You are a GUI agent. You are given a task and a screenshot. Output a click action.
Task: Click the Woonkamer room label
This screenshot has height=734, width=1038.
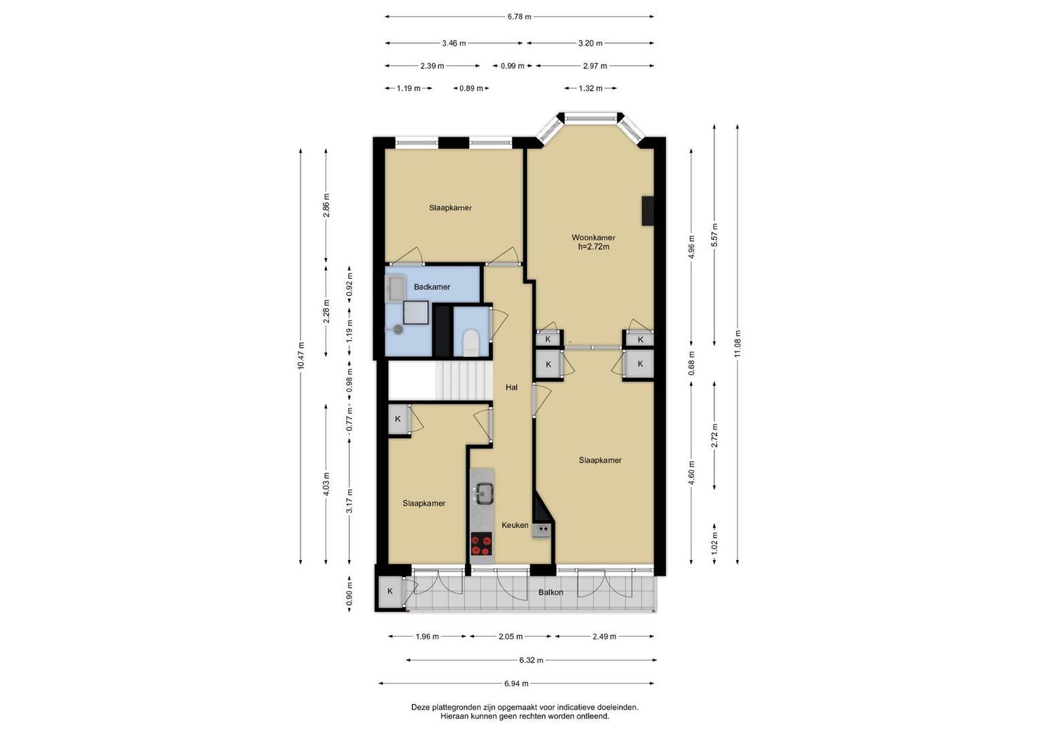pyautogui.click(x=593, y=238)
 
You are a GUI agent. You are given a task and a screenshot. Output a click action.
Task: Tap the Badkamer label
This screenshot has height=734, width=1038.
pyautogui.click(x=432, y=287)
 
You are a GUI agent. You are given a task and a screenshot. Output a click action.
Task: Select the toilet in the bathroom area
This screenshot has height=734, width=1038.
pyautogui.click(x=471, y=342)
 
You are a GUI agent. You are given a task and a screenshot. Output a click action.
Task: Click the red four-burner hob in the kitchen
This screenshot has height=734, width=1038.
pyautogui.click(x=481, y=544)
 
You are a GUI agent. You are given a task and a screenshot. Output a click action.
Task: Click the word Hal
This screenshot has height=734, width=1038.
pyautogui.click(x=512, y=387)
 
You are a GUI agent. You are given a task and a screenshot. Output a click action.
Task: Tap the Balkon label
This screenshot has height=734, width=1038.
pyautogui.click(x=551, y=592)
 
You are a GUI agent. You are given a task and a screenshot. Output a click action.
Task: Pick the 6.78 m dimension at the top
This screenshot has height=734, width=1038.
pyautogui.click(x=519, y=17)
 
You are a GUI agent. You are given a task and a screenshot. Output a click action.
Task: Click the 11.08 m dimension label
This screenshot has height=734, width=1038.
pyautogui.click(x=738, y=343)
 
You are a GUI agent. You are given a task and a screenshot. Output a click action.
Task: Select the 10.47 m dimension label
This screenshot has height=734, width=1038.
pyautogui.click(x=300, y=355)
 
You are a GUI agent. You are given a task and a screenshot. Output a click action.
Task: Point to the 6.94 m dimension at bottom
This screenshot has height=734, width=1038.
pyautogui.click(x=516, y=684)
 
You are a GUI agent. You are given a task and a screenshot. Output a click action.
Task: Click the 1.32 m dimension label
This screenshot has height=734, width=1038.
pyautogui.click(x=590, y=88)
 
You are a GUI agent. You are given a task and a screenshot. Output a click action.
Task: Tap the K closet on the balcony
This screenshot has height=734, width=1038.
pyautogui.click(x=390, y=591)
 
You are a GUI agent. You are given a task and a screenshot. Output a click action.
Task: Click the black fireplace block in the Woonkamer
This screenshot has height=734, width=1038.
pyautogui.click(x=647, y=211)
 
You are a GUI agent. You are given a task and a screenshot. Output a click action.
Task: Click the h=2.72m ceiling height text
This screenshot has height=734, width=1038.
pyautogui.click(x=593, y=247)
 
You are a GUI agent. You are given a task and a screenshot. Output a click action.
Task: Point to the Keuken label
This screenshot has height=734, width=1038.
pyautogui.click(x=515, y=525)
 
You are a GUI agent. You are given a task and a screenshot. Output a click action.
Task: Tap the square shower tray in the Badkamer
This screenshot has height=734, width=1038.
pyautogui.click(x=415, y=313)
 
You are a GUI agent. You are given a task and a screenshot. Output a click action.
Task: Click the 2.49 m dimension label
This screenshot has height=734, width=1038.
pyautogui.click(x=604, y=637)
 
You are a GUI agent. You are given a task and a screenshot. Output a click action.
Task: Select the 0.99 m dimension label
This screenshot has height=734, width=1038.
pyautogui.click(x=513, y=66)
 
